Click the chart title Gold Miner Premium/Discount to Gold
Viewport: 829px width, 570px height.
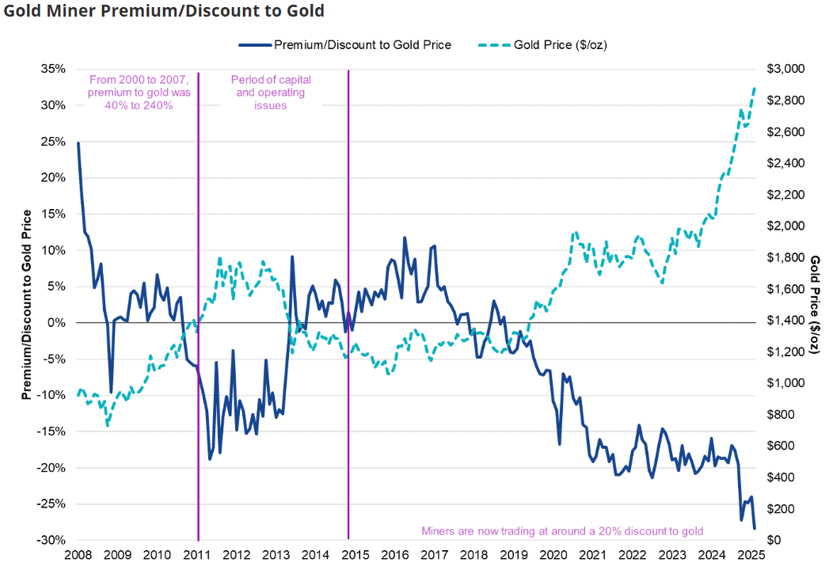pos(162,11)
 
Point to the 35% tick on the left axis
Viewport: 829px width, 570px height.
pos(53,70)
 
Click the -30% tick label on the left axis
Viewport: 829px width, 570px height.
pos(51,540)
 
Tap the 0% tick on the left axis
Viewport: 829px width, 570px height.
pos(57,323)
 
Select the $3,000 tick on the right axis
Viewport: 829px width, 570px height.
pos(781,70)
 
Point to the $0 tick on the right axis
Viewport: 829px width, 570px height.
pos(770,540)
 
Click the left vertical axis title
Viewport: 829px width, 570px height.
pos(27,305)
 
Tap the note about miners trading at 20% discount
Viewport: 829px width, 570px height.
pos(562,530)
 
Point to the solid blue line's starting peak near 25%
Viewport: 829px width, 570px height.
pos(78,143)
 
